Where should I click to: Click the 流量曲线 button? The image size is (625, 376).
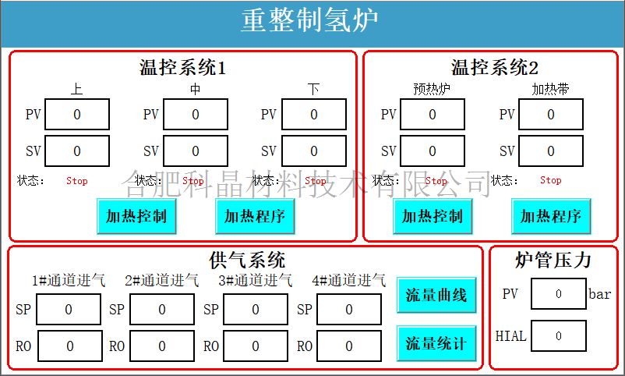pyautogui.click(x=436, y=295)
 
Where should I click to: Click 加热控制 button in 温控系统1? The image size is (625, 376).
pyautogui.click(x=136, y=216)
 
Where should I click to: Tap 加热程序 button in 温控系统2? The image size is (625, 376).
pyautogui.click(x=551, y=216)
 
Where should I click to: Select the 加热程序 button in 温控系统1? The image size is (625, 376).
pyautogui.click(x=255, y=216)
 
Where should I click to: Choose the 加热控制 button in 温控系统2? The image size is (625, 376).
pyautogui.click(x=433, y=216)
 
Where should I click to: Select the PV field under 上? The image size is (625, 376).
pyautogui.click(x=77, y=115)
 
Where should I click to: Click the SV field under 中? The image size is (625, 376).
pyautogui.click(x=196, y=151)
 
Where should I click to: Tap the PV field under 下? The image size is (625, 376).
pyautogui.click(x=314, y=115)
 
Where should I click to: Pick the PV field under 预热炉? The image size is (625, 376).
pyautogui.click(x=433, y=115)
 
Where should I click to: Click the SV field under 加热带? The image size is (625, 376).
pyautogui.click(x=551, y=151)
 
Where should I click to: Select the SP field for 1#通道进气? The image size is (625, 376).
pyautogui.click(x=69, y=310)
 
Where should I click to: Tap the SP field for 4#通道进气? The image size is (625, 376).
pyautogui.click(x=349, y=310)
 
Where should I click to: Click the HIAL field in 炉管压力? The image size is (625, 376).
pyautogui.click(x=559, y=337)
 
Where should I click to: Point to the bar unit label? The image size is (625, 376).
pyautogui.click(x=600, y=295)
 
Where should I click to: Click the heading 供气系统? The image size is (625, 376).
pyautogui.click(x=247, y=259)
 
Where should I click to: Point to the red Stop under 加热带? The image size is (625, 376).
pyautogui.click(x=551, y=180)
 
